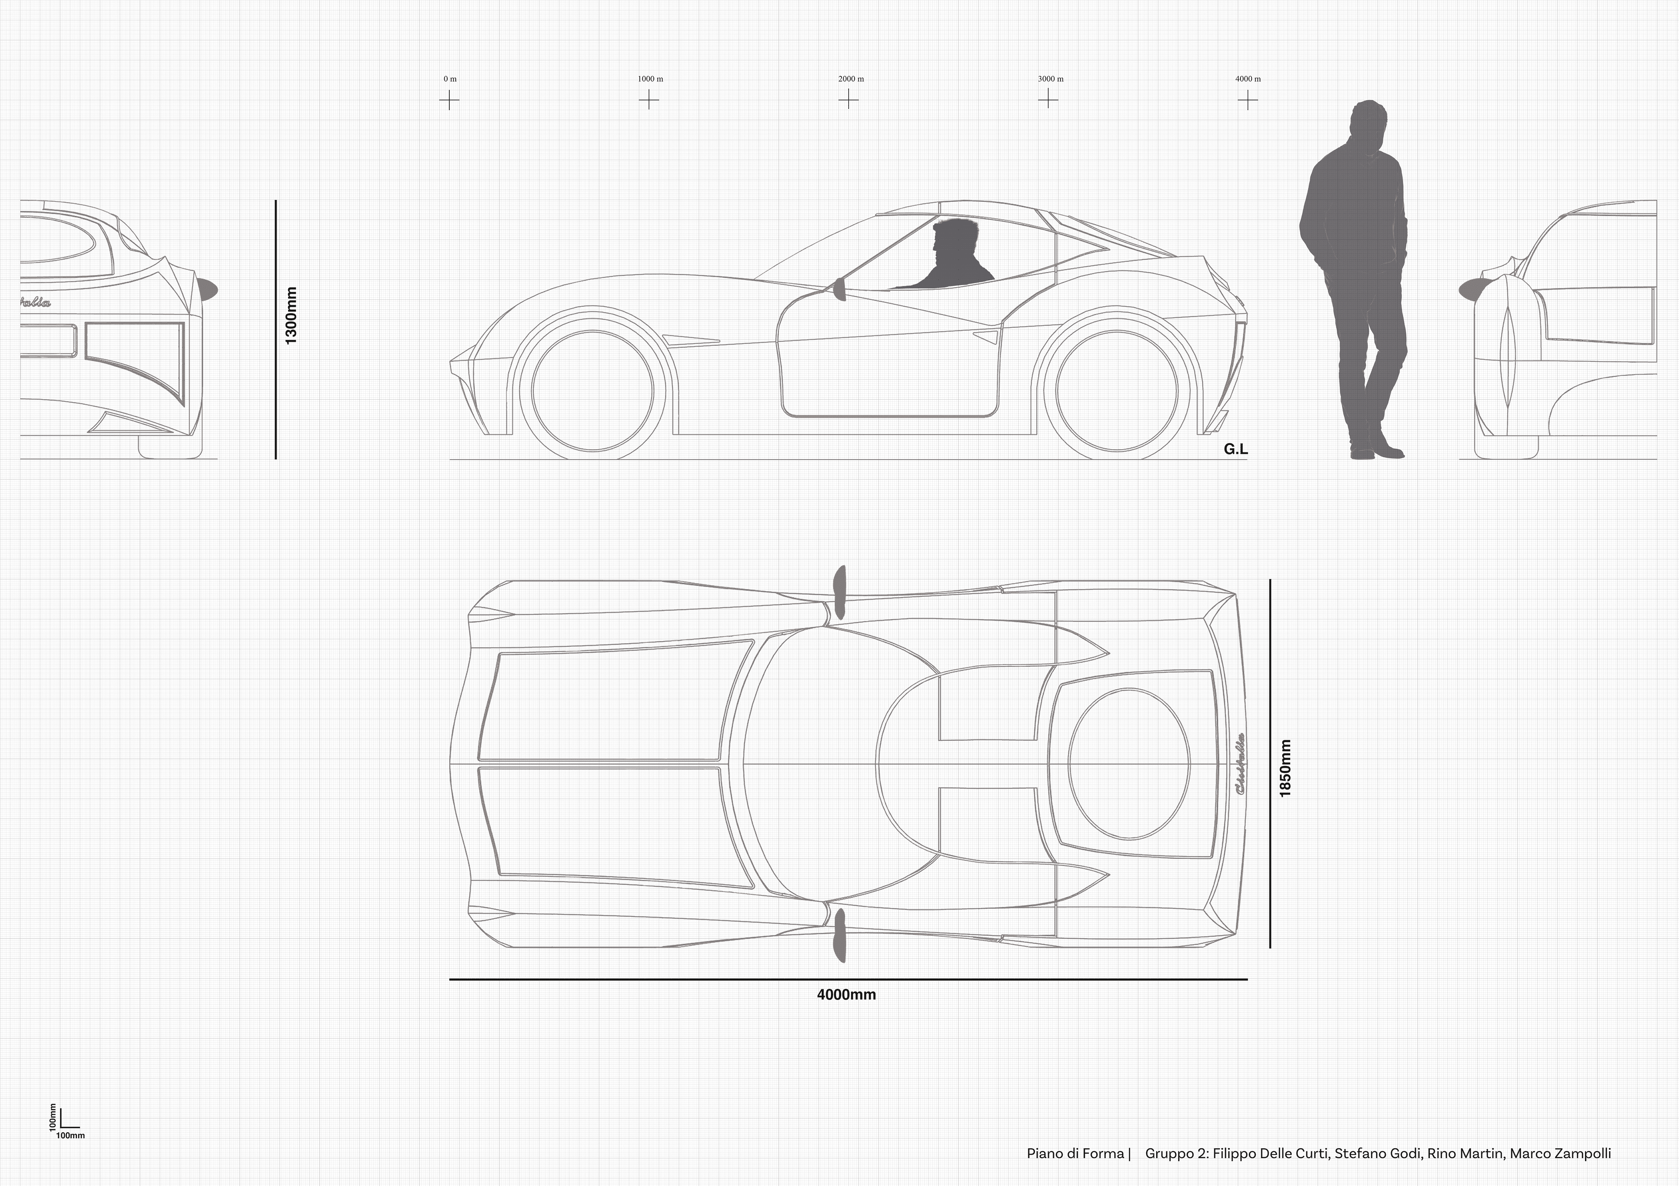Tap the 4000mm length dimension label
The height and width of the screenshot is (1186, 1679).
(x=846, y=994)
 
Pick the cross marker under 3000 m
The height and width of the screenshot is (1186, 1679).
(x=1048, y=99)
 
